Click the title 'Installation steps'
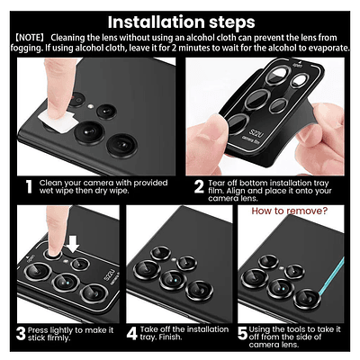[x=181, y=22]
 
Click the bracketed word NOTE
[x=30, y=38]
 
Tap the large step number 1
[x=29, y=186]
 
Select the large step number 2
[x=199, y=186]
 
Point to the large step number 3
[x=21, y=334]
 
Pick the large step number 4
[x=131, y=334]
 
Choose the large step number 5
[x=242, y=334]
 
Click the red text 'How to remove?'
[x=289, y=211]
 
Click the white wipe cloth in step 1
[x=57, y=122]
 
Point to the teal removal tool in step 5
[x=330, y=276]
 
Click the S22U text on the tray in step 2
[x=256, y=133]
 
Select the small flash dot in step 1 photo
[x=90, y=106]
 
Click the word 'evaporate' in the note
[x=328, y=48]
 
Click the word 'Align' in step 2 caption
[x=236, y=191]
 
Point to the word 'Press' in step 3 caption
[x=38, y=330]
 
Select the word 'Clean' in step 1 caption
[x=50, y=183]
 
